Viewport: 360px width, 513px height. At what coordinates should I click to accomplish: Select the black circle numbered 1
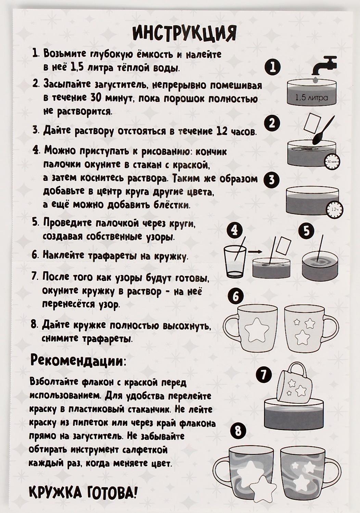tap(273, 67)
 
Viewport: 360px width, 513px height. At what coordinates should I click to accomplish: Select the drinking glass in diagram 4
tap(235, 261)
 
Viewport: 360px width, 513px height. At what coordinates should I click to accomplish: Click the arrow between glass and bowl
tap(254, 252)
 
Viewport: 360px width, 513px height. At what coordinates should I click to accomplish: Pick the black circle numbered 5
tap(306, 231)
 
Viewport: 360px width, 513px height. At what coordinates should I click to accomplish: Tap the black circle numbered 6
tap(235, 296)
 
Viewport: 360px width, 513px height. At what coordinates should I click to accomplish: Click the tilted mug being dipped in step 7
tap(296, 383)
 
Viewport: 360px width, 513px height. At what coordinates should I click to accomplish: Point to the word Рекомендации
tap(78, 361)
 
